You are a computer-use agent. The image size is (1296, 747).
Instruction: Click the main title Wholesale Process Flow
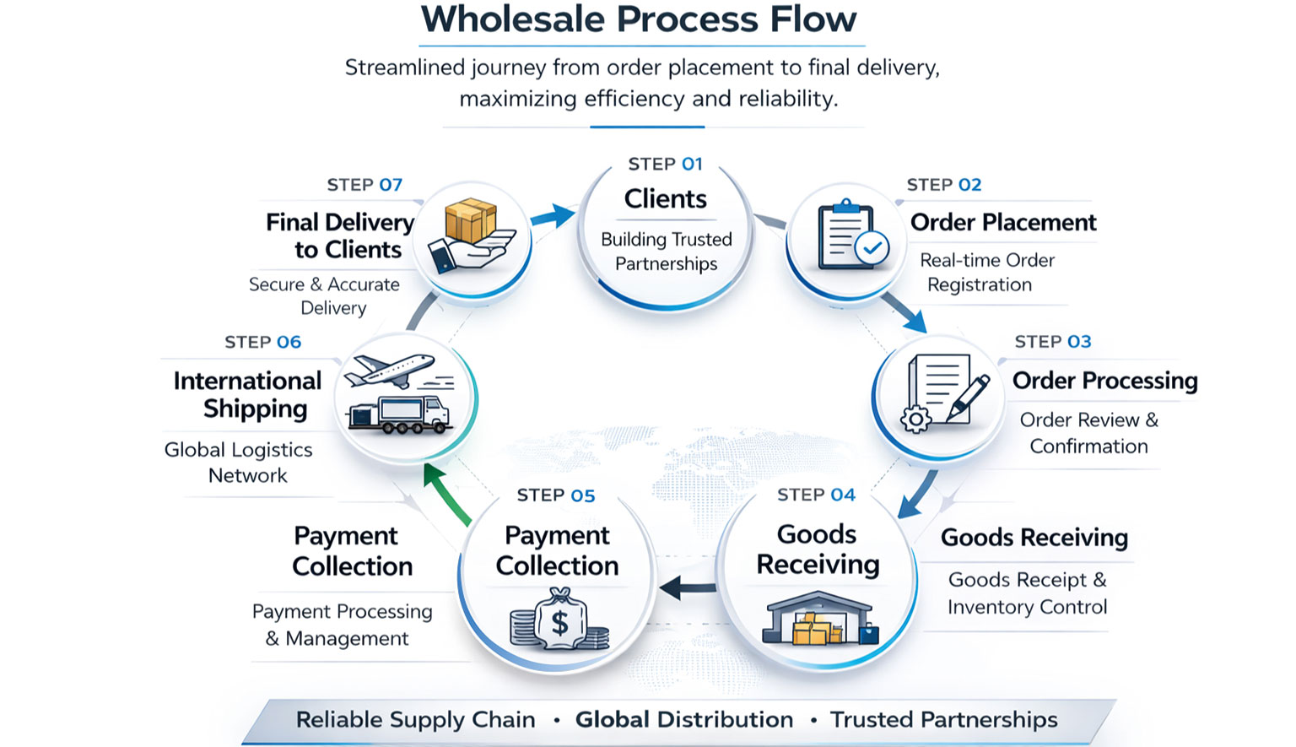[x=639, y=20]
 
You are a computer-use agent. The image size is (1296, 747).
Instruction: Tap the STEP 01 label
[x=665, y=164]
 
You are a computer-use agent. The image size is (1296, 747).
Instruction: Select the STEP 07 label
[x=364, y=185]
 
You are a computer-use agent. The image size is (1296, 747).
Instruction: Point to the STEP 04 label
[x=816, y=495]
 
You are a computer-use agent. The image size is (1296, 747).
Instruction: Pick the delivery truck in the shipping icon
[x=401, y=414]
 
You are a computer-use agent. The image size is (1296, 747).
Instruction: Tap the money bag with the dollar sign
[x=559, y=621]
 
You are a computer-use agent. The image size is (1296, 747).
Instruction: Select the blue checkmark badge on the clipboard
[x=872, y=248]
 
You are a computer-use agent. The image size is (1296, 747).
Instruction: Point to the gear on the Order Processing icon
[x=915, y=419]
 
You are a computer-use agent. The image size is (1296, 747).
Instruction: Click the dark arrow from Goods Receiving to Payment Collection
[x=687, y=587]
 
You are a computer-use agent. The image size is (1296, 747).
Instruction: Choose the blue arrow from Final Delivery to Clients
[x=553, y=216]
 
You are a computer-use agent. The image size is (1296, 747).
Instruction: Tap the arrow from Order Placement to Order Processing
[x=905, y=312]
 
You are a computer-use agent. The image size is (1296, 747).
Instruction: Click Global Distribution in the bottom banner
[x=684, y=720]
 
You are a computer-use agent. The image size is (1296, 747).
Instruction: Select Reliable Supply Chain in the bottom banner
[x=415, y=720]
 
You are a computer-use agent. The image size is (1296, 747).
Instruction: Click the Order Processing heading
[x=1104, y=381]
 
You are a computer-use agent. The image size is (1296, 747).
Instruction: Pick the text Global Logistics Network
[x=240, y=463]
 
